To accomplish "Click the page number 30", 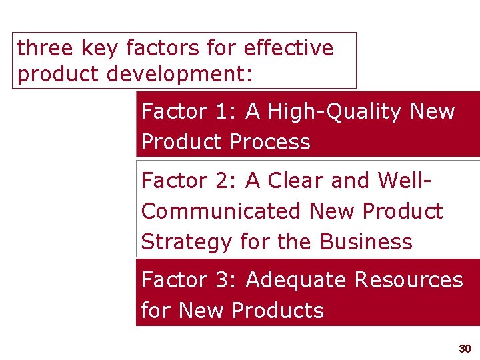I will pos(465,349).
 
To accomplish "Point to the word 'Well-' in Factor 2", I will pos(403,181).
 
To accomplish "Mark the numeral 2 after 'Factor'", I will pos(222,181).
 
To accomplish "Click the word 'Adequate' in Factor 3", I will pos(296,280).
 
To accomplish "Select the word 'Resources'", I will pos(408,280).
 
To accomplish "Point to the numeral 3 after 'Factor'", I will pos(222,280).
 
